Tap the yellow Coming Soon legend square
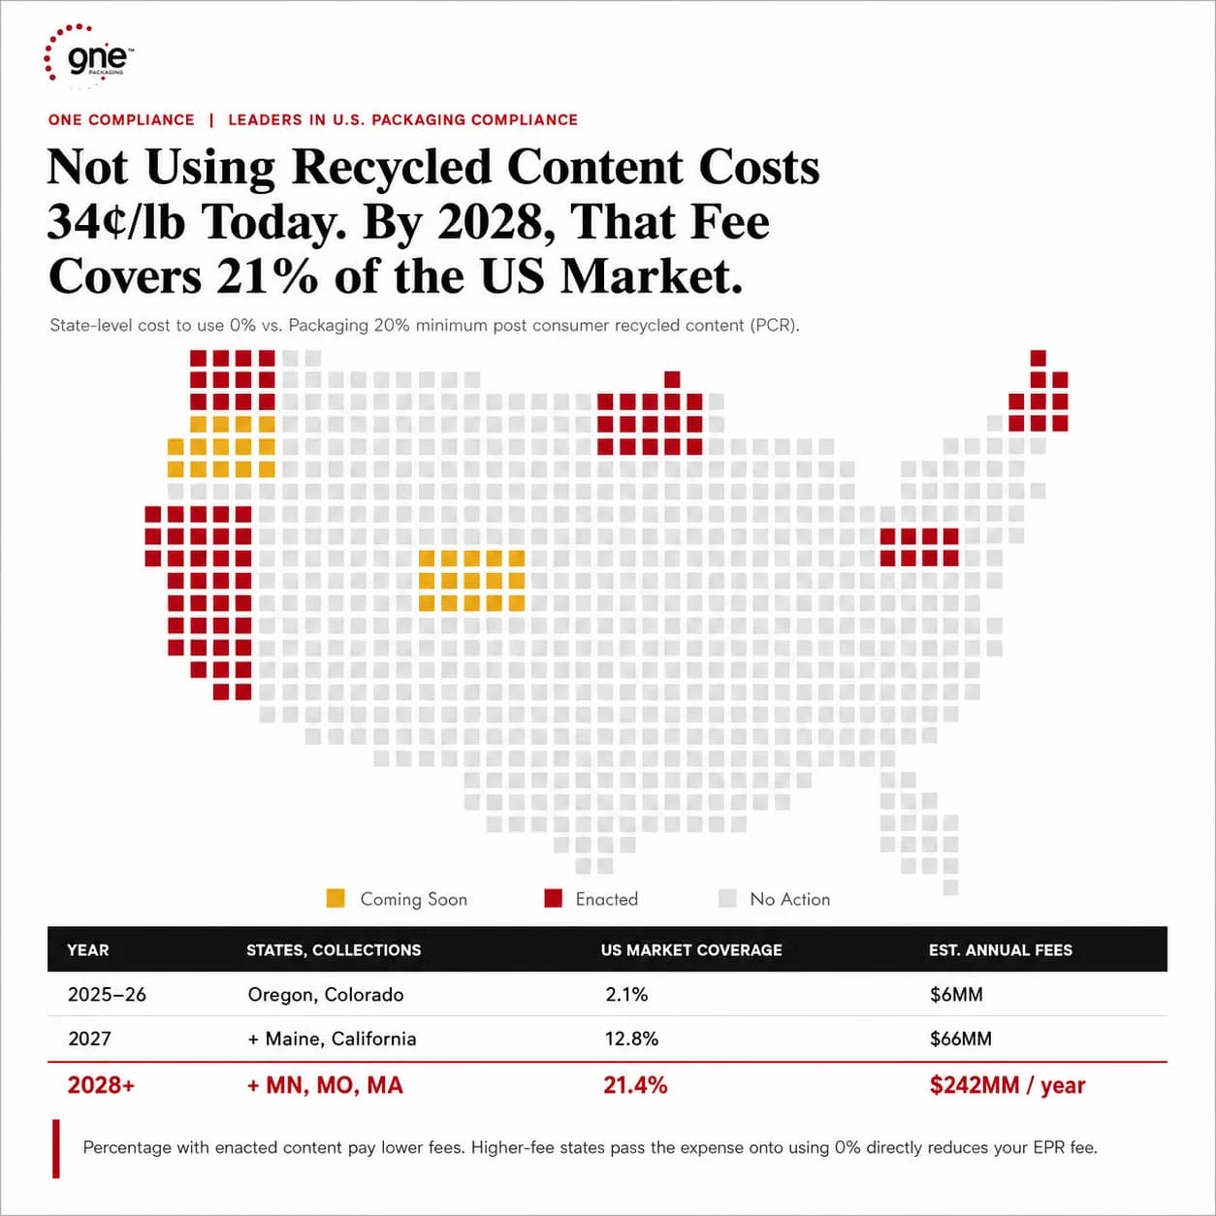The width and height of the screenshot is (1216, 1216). [336, 898]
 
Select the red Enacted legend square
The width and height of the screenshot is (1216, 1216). [553, 898]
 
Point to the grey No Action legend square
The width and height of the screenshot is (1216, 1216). [727, 898]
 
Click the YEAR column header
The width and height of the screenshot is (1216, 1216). [87, 949]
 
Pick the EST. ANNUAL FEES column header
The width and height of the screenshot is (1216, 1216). [1000, 949]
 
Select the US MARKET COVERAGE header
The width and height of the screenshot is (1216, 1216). [691, 949]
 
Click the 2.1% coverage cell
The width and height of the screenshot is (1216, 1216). [626, 995]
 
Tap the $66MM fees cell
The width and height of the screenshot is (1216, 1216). [960, 1039]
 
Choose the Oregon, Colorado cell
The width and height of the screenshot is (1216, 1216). [325, 995]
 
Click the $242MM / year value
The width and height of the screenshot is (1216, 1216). [1008, 1085]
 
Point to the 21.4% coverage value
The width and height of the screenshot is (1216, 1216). [635, 1085]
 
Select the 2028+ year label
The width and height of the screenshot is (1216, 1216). [101, 1085]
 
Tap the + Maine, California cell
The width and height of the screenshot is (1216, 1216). [332, 1039]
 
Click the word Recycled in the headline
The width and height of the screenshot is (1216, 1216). [391, 168]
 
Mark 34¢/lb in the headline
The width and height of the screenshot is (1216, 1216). [116, 222]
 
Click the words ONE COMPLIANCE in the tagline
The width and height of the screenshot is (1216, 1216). [121, 120]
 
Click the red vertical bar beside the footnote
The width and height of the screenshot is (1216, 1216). [56, 1149]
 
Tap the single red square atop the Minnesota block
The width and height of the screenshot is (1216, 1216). [672, 379]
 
